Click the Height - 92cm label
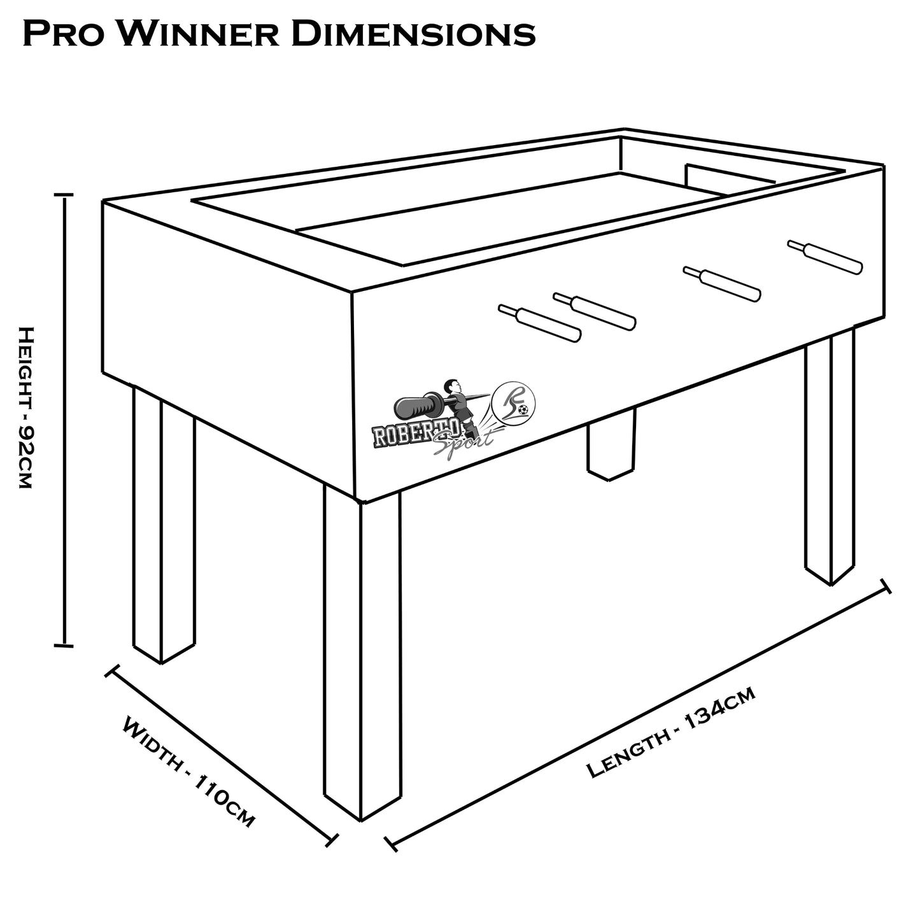click(26, 407)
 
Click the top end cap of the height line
click(64, 195)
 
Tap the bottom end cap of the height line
click(64, 646)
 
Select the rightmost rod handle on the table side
click(825, 257)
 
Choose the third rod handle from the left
click(722, 284)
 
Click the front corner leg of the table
click(362, 656)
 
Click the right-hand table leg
click(830, 458)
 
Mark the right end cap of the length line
click(885, 586)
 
